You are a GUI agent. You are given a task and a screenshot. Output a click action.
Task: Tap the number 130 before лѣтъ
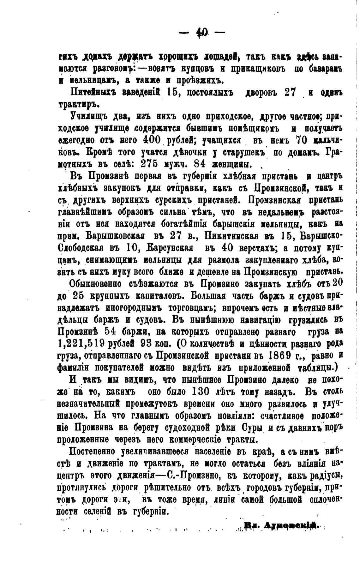click(x=201, y=392)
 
